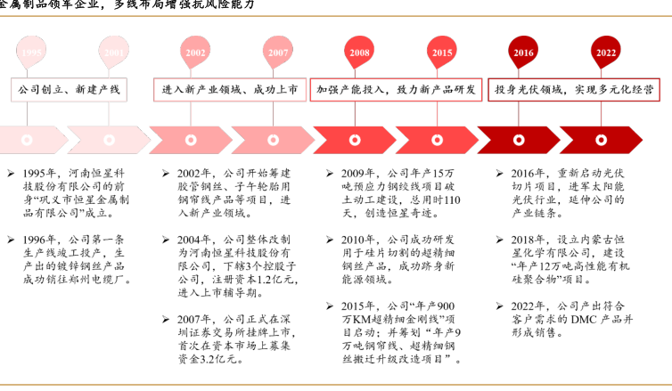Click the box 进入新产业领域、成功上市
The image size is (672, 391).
(x=229, y=91)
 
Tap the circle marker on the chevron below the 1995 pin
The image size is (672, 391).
(x=28, y=140)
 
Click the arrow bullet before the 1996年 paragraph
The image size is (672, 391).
(x=11, y=240)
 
